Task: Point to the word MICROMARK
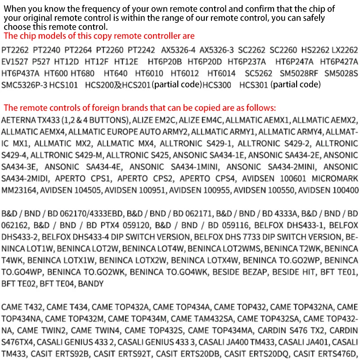336,179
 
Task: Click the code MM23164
19,190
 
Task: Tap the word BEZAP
252,272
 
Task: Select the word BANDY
91,284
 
